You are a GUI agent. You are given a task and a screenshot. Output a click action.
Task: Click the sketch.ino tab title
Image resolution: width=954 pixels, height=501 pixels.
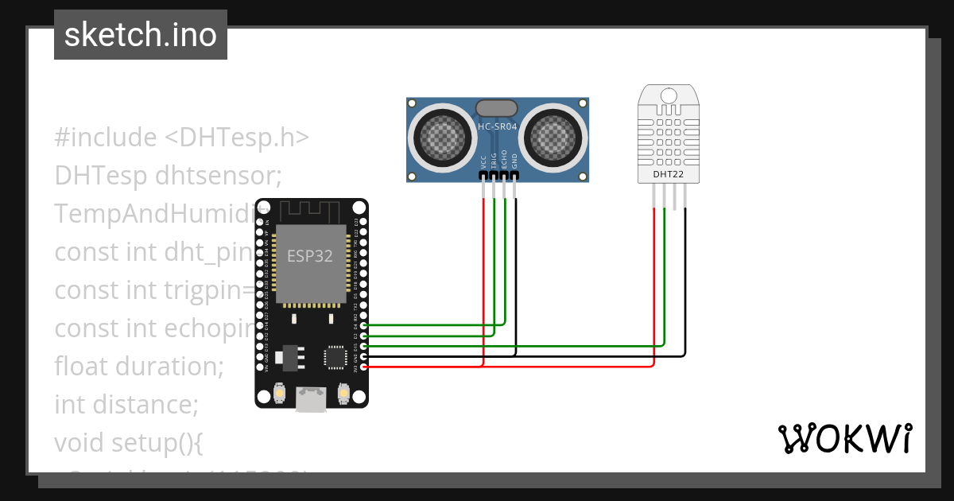140,35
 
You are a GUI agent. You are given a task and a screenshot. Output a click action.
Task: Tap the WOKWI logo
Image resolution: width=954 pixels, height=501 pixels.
843,438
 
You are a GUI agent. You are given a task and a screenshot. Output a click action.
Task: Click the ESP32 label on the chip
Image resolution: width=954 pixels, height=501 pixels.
309,255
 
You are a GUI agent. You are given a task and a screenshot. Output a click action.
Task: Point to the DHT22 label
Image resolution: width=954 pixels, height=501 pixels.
668,174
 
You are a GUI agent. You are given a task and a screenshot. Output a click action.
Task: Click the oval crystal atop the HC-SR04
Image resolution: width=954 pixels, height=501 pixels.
498,107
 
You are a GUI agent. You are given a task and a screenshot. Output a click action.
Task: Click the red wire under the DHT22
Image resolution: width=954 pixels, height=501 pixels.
654,278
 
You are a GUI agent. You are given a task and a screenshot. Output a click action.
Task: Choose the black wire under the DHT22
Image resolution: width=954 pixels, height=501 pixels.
684,278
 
